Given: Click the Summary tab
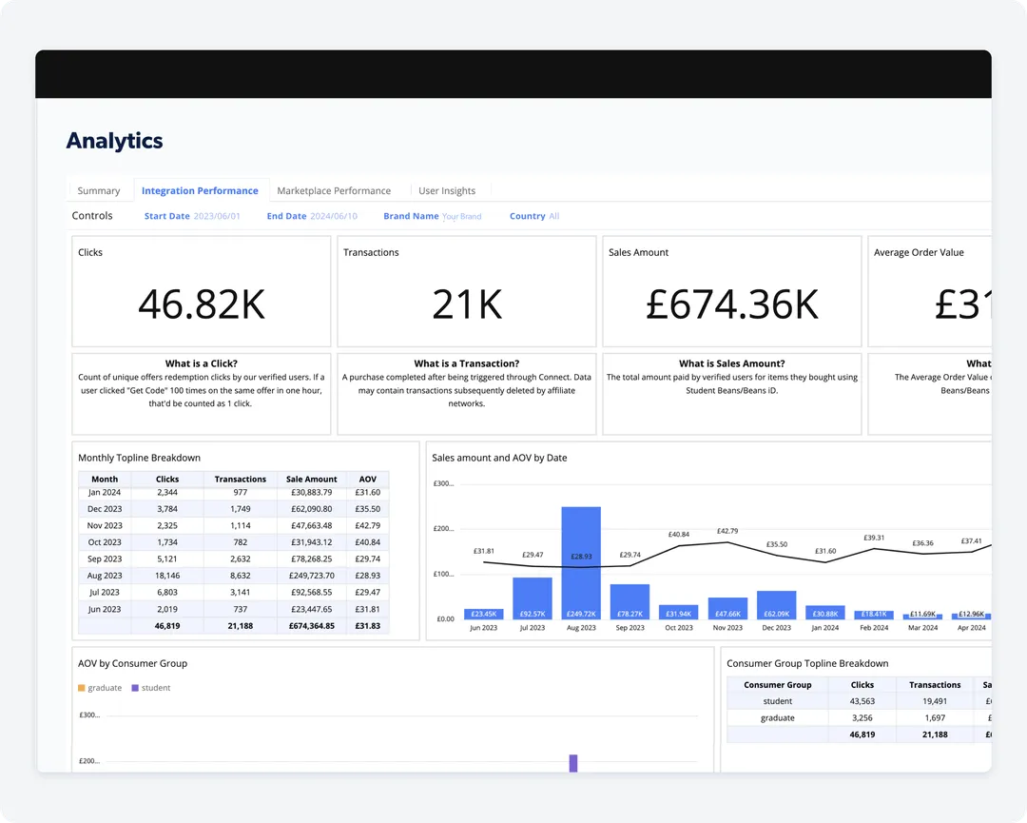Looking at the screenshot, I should (99, 190).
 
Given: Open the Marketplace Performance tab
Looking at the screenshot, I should (334, 190).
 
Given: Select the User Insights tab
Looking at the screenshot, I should (447, 190).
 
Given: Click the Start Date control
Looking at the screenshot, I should (192, 216).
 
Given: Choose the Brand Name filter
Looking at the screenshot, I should (432, 216).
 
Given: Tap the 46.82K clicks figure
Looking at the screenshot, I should (202, 304).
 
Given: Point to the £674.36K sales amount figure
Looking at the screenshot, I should (732, 304).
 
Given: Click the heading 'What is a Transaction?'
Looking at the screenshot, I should (467, 363).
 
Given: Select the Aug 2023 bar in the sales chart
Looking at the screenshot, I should (581, 563).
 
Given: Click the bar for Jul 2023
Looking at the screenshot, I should (533, 598).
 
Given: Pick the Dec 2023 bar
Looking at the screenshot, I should (776, 605).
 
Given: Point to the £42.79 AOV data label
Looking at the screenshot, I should (727, 531).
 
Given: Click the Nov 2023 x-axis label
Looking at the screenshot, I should (727, 628).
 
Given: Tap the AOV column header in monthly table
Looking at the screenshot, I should (367, 480).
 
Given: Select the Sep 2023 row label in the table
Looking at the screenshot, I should (105, 559).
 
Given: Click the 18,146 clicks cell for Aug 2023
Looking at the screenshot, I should (167, 576).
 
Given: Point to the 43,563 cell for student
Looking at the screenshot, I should (862, 701).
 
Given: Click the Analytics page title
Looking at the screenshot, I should (115, 141).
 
